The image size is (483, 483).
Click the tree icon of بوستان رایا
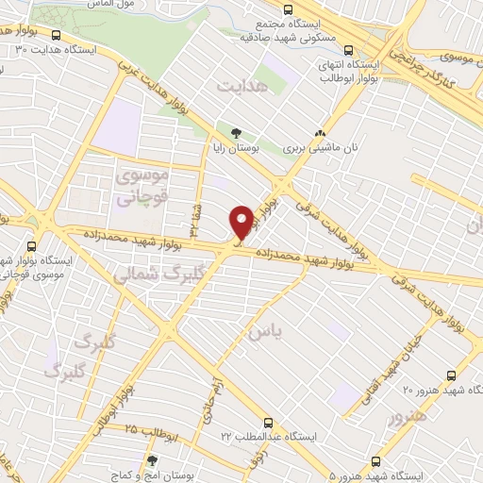click(236, 132)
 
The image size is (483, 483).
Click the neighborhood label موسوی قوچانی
click(141, 187)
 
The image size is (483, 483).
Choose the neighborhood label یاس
click(265, 332)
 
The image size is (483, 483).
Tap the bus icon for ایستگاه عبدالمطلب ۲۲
click(268, 424)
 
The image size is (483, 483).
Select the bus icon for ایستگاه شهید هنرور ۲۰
click(452, 374)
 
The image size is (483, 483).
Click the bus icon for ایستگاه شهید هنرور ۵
click(377, 461)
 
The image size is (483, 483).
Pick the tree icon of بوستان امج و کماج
click(151, 461)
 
